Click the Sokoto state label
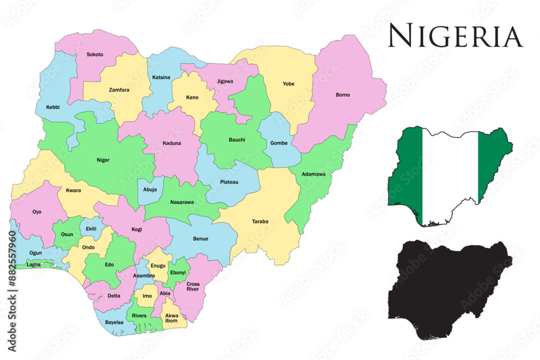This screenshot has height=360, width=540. click(95, 55)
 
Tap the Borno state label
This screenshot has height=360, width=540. click(343, 95)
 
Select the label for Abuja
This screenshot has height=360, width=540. click(150, 189)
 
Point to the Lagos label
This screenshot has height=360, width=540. click(33, 264)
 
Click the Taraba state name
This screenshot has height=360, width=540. click(260, 221)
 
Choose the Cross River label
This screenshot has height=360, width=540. click(193, 287)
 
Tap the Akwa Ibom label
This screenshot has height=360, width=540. click(172, 318)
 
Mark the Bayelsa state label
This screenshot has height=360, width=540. click(114, 322)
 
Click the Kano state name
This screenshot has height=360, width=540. click(192, 98)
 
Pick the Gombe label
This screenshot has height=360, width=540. click(279, 143)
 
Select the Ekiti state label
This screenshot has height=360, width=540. click(91, 229)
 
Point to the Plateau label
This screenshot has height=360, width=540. click(229, 182)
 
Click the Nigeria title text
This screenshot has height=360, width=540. click(455, 37)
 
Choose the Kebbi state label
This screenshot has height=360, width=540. click(53, 107)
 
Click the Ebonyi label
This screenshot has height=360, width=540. click(178, 273)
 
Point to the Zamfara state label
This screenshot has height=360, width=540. click(119, 90)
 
